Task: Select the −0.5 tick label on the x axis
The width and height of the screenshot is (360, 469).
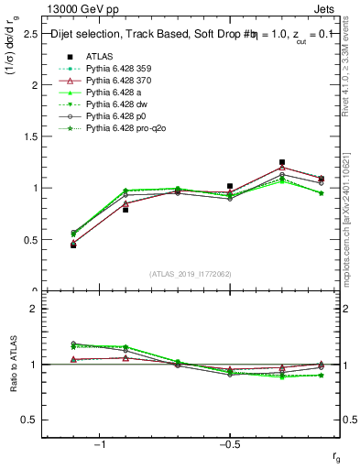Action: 229,444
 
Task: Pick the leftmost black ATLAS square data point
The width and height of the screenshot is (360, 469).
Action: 73,245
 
